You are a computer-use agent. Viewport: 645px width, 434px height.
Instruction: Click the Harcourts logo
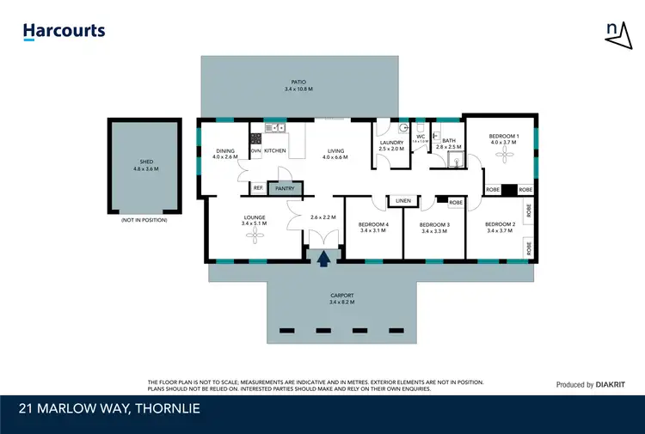coord(64,32)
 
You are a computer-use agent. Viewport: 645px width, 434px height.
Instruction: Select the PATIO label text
coord(298,83)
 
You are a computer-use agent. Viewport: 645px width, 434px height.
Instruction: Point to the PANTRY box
coord(285,187)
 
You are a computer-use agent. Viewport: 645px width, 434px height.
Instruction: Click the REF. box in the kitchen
coord(258,187)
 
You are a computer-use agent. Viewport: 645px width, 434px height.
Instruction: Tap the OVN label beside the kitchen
coord(255,151)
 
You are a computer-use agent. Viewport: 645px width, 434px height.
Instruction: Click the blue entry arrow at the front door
coord(324,257)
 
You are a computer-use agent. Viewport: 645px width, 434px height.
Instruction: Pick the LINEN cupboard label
coord(403,201)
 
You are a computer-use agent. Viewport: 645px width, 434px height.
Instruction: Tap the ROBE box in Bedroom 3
coord(455,202)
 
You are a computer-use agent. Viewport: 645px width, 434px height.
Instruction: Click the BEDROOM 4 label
coord(373,226)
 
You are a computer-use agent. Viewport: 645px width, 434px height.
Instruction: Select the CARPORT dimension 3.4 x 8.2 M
coord(341,303)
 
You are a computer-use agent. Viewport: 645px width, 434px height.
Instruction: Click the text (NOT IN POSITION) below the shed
coord(144,220)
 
